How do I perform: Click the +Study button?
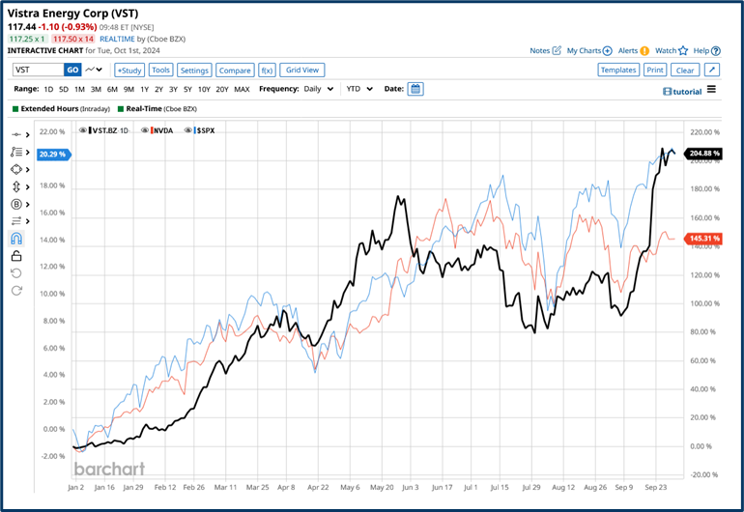pyautogui.click(x=129, y=71)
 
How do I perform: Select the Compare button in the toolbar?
pyautogui.click(x=235, y=71)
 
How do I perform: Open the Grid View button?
pyautogui.click(x=302, y=71)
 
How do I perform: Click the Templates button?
pyautogui.click(x=617, y=71)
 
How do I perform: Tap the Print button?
pyautogui.click(x=655, y=71)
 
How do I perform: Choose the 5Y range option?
pyautogui.click(x=189, y=89)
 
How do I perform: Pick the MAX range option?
pyautogui.click(x=242, y=89)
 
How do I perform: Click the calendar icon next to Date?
pyautogui.click(x=415, y=89)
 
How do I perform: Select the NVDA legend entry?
pyautogui.click(x=161, y=129)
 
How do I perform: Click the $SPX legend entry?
pyautogui.click(x=205, y=129)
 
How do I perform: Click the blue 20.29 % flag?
pyautogui.click(x=52, y=154)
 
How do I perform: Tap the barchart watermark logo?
pyautogui.click(x=109, y=469)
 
